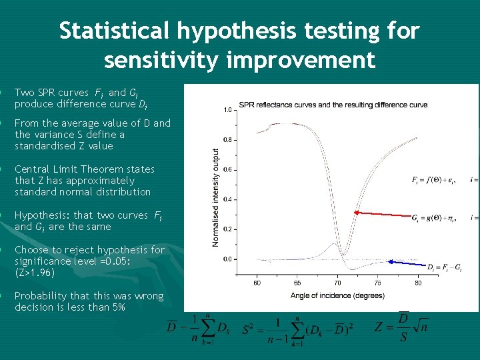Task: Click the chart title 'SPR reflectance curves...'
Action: point(333,105)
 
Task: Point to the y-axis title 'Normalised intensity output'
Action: point(215,197)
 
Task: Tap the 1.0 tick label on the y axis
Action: point(227,110)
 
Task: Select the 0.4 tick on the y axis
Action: point(227,199)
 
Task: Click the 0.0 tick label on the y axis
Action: point(227,259)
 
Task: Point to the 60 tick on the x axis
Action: point(257,283)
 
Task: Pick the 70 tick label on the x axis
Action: point(337,283)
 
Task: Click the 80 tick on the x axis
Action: point(418,283)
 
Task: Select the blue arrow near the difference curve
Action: point(407,263)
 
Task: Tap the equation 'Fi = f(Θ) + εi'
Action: point(437,179)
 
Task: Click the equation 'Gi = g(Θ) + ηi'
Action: point(437,217)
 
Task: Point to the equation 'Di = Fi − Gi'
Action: point(444,268)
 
